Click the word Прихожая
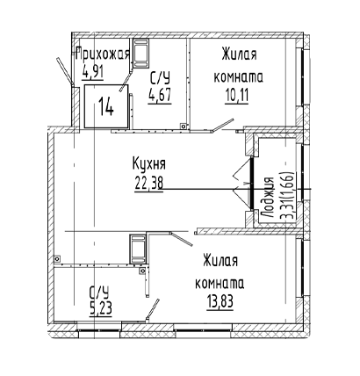103,54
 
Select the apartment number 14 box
106,106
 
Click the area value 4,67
160,95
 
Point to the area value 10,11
237,96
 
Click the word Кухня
149,164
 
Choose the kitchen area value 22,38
149,184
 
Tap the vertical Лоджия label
268,198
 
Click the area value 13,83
220,302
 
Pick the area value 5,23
101,308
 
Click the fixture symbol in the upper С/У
141,53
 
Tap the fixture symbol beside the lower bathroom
138,249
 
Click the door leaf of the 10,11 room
223,125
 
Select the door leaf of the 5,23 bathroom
153,309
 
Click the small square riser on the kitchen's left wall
57,259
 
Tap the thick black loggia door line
251,184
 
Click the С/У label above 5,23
99,293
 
